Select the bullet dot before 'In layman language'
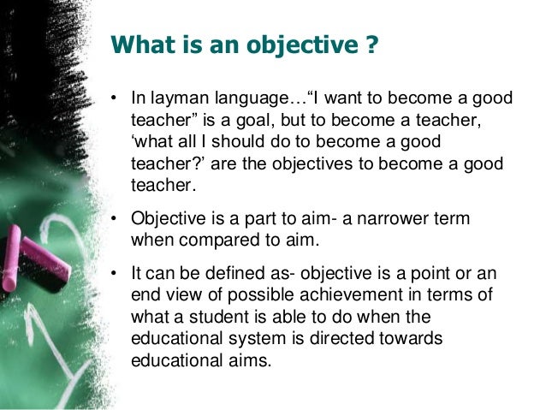(x=113, y=100)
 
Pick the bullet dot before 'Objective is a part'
(x=113, y=221)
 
